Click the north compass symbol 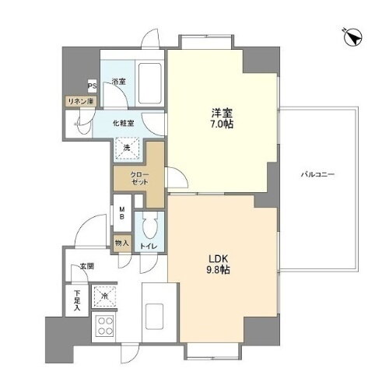click(x=352, y=36)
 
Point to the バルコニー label click(x=318, y=175)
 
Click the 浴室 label click(x=118, y=82)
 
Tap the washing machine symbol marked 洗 click(x=124, y=145)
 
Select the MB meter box click(x=121, y=212)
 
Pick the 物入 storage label click(x=121, y=244)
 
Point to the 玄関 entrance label click(x=85, y=267)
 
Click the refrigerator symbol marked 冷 click(x=105, y=296)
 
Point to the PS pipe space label click(x=92, y=86)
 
